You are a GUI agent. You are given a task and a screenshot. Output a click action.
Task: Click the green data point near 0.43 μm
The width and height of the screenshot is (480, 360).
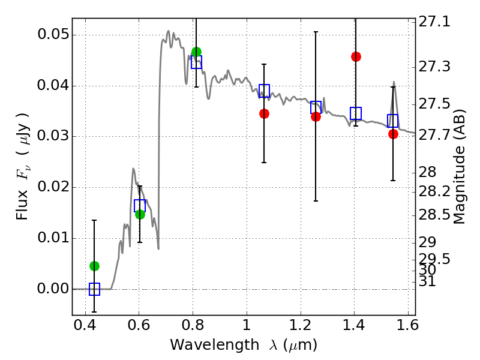[x=94, y=266]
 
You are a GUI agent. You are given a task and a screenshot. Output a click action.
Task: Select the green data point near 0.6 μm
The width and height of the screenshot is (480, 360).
[x=140, y=214]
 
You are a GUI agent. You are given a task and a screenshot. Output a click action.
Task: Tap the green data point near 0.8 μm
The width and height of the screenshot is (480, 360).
[x=196, y=52]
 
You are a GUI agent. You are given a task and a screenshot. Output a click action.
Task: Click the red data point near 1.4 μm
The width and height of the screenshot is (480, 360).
[x=356, y=56]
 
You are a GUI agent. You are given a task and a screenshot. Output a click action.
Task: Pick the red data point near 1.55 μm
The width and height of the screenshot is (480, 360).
[x=393, y=134]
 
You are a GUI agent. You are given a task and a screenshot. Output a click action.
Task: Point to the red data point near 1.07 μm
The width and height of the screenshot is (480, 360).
[x=264, y=113]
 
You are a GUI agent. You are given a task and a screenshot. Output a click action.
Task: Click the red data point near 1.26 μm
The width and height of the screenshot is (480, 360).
[x=316, y=116]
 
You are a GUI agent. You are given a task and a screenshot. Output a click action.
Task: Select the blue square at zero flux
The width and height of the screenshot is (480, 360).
[x=94, y=289]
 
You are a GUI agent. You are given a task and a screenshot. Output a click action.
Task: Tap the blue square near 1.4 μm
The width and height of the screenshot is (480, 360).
[x=356, y=113]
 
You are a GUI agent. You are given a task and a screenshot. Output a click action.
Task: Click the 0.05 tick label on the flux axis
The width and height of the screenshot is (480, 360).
[x=52, y=35]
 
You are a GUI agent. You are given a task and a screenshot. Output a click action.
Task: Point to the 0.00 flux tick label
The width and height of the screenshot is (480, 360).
[x=52, y=289]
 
